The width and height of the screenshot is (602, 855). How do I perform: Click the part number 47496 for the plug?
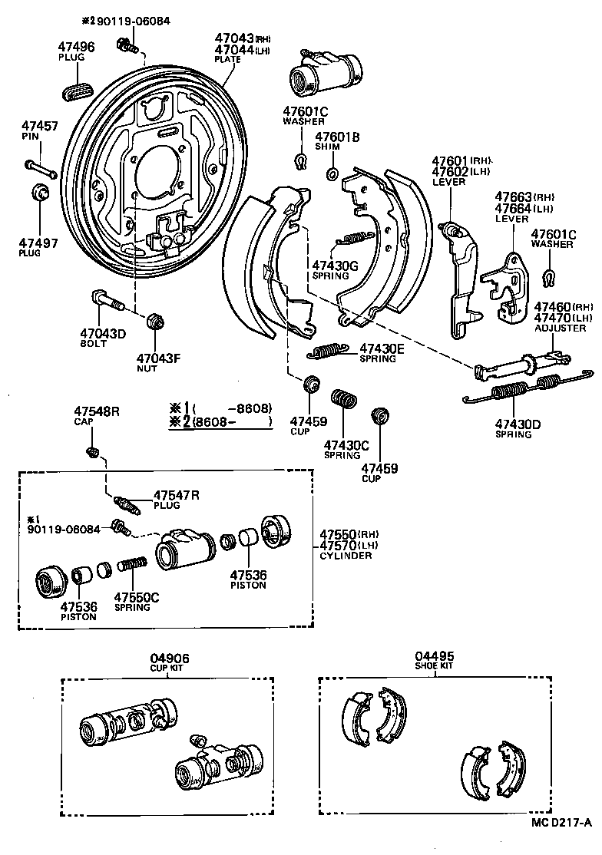[77, 47]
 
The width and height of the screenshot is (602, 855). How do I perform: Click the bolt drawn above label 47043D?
[107, 300]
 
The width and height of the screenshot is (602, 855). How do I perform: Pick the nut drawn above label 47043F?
[156, 320]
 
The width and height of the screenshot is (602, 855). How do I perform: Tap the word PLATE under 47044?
[227, 59]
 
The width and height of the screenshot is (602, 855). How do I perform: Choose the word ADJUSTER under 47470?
[561, 328]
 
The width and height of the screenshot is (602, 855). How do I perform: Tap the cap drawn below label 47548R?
[93, 451]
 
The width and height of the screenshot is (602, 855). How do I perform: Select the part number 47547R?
[176, 495]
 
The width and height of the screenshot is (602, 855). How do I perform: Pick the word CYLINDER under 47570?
[346, 555]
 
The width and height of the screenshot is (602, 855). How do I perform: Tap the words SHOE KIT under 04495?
[435, 666]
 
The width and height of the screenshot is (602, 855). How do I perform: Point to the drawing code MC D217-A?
[560, 844]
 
